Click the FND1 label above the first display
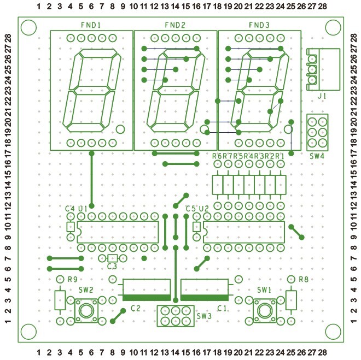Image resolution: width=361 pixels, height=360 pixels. tap(91, 25)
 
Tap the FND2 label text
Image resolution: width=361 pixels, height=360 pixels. tap(175, 25)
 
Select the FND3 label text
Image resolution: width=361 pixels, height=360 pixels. tap(259, 25)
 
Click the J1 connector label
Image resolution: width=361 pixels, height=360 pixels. tap(322, 96)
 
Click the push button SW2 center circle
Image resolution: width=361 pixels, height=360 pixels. tap(86, 311)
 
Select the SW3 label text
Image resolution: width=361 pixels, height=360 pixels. tap(203, 316)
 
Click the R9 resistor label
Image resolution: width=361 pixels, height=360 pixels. tap(72, 280)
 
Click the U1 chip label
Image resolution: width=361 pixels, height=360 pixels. tap(83, 209)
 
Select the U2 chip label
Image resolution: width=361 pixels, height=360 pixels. tap(203, 209)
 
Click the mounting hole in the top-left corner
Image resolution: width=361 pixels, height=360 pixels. tap(29, 26)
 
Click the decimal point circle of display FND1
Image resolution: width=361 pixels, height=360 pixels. tap(121, 129)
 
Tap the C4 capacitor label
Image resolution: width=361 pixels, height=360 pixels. tap(69, 209)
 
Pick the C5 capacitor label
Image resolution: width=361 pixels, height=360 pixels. tap(190, 209)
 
